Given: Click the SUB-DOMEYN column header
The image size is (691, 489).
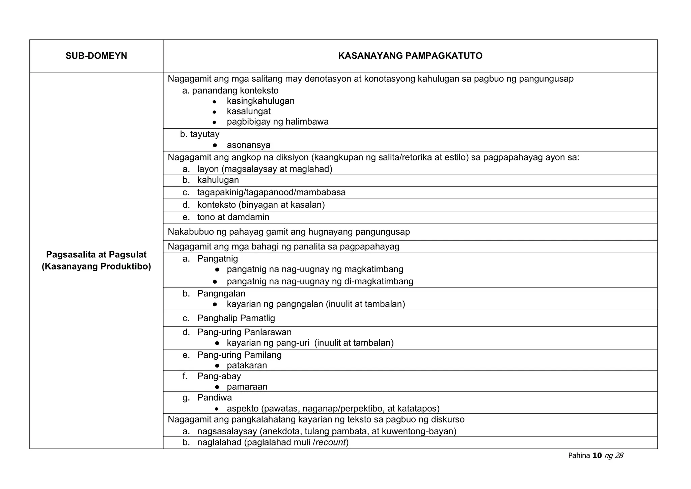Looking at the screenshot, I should pyautogui.click(x=96, y=56).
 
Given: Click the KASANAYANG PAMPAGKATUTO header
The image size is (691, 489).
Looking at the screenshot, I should pyautogui.click(x=410, y=56).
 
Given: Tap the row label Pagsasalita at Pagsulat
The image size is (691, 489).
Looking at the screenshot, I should pyautogui.click(x=96, y=255).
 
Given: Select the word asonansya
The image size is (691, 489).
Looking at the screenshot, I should pyautogui.click(x=248, y=145).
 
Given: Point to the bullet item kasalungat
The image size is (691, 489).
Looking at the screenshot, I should pyautogui.click(x=248, y=111).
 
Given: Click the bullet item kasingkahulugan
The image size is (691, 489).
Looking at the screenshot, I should pyautogui.click(x=260, y=101).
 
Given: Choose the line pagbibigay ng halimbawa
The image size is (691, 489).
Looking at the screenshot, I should pyautogui.click(x=277, y=122).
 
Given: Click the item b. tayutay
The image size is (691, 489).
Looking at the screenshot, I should pyautogui.click(x=200, y=134).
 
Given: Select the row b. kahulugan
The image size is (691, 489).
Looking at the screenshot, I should pyautogui.click(x=218, y=180).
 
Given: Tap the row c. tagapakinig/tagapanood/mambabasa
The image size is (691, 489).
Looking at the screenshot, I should pyautogui.click(x=271, y=192).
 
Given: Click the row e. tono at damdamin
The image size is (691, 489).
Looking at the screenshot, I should pyautogui.click(x=233, y=217).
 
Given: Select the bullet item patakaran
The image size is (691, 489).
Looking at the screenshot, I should pyautogui.click(x=247, y=365).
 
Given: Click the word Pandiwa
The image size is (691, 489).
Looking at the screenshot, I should pyautogui.click(x=214, y=397).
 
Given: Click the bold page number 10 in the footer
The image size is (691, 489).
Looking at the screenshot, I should pyautogui.click(x=597, y=456).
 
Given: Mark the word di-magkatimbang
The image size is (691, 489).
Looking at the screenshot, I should pyautogui.click(x=379, y=281).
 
